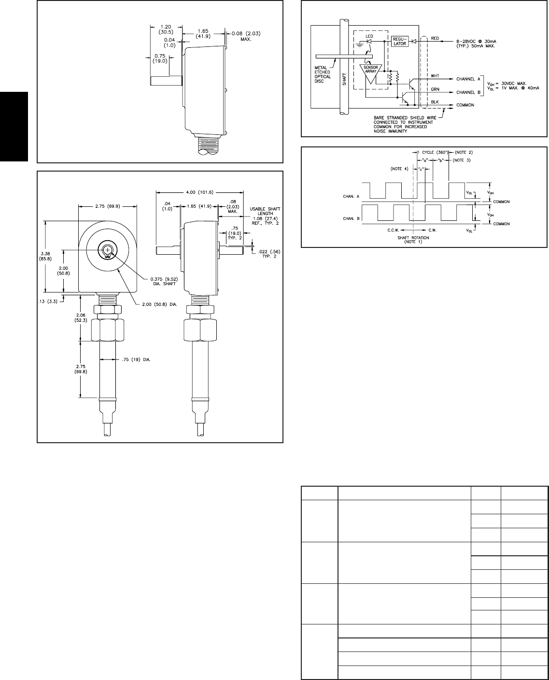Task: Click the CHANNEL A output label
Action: (x=469, y=78)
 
